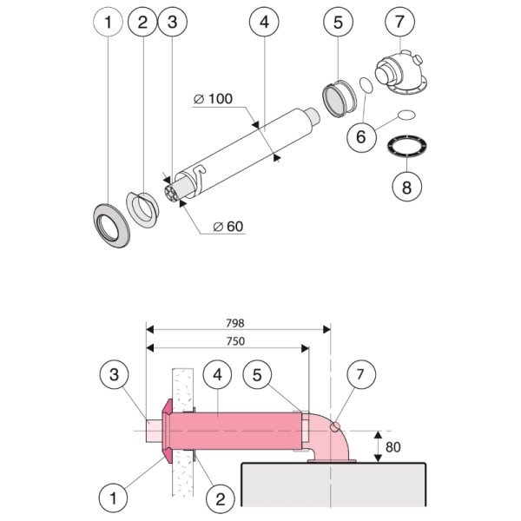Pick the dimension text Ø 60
(228, 227)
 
